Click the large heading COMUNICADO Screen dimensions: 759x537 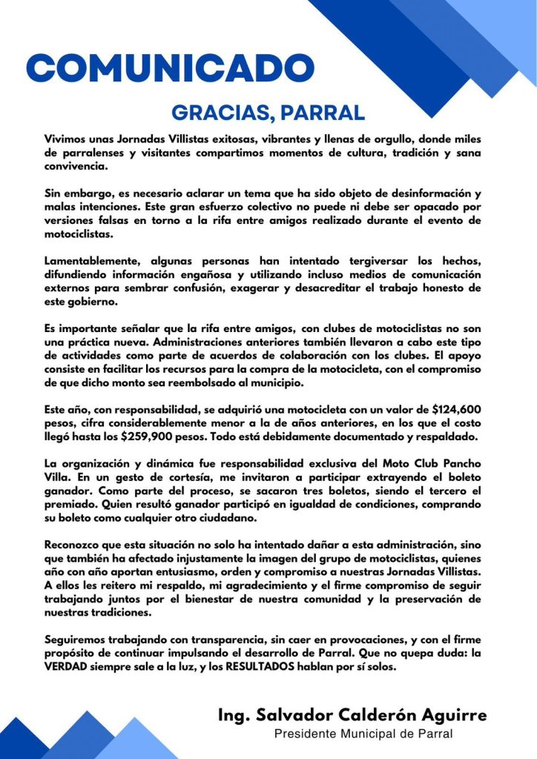click(x=171, y=68)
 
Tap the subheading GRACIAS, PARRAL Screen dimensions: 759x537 click(x=268, y=113)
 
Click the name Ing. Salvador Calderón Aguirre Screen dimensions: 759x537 click(x=352, y=715)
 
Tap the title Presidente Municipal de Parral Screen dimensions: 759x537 click(x=363, y=734)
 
